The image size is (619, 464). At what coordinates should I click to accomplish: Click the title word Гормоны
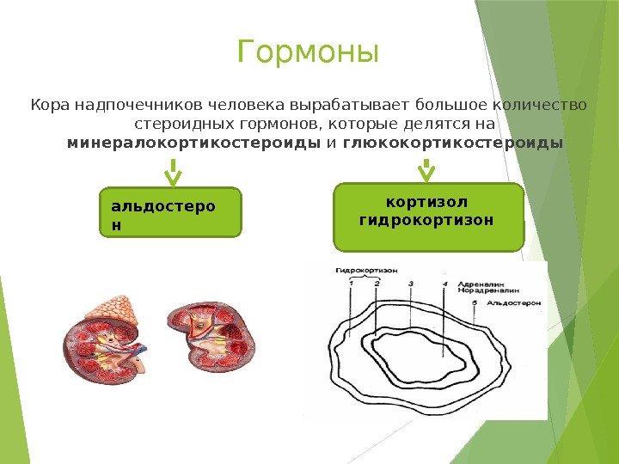pos(308,53)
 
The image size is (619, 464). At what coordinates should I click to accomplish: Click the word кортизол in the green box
pos(426,203)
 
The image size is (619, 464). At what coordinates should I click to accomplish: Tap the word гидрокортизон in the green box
pos(426,220)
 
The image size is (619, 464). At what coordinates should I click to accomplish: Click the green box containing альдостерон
pos(171,212)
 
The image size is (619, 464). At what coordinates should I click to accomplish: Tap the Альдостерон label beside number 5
pos(514,303)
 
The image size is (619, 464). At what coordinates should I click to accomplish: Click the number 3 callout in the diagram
pos(411,283)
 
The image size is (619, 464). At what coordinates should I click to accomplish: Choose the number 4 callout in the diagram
pos(444,283)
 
